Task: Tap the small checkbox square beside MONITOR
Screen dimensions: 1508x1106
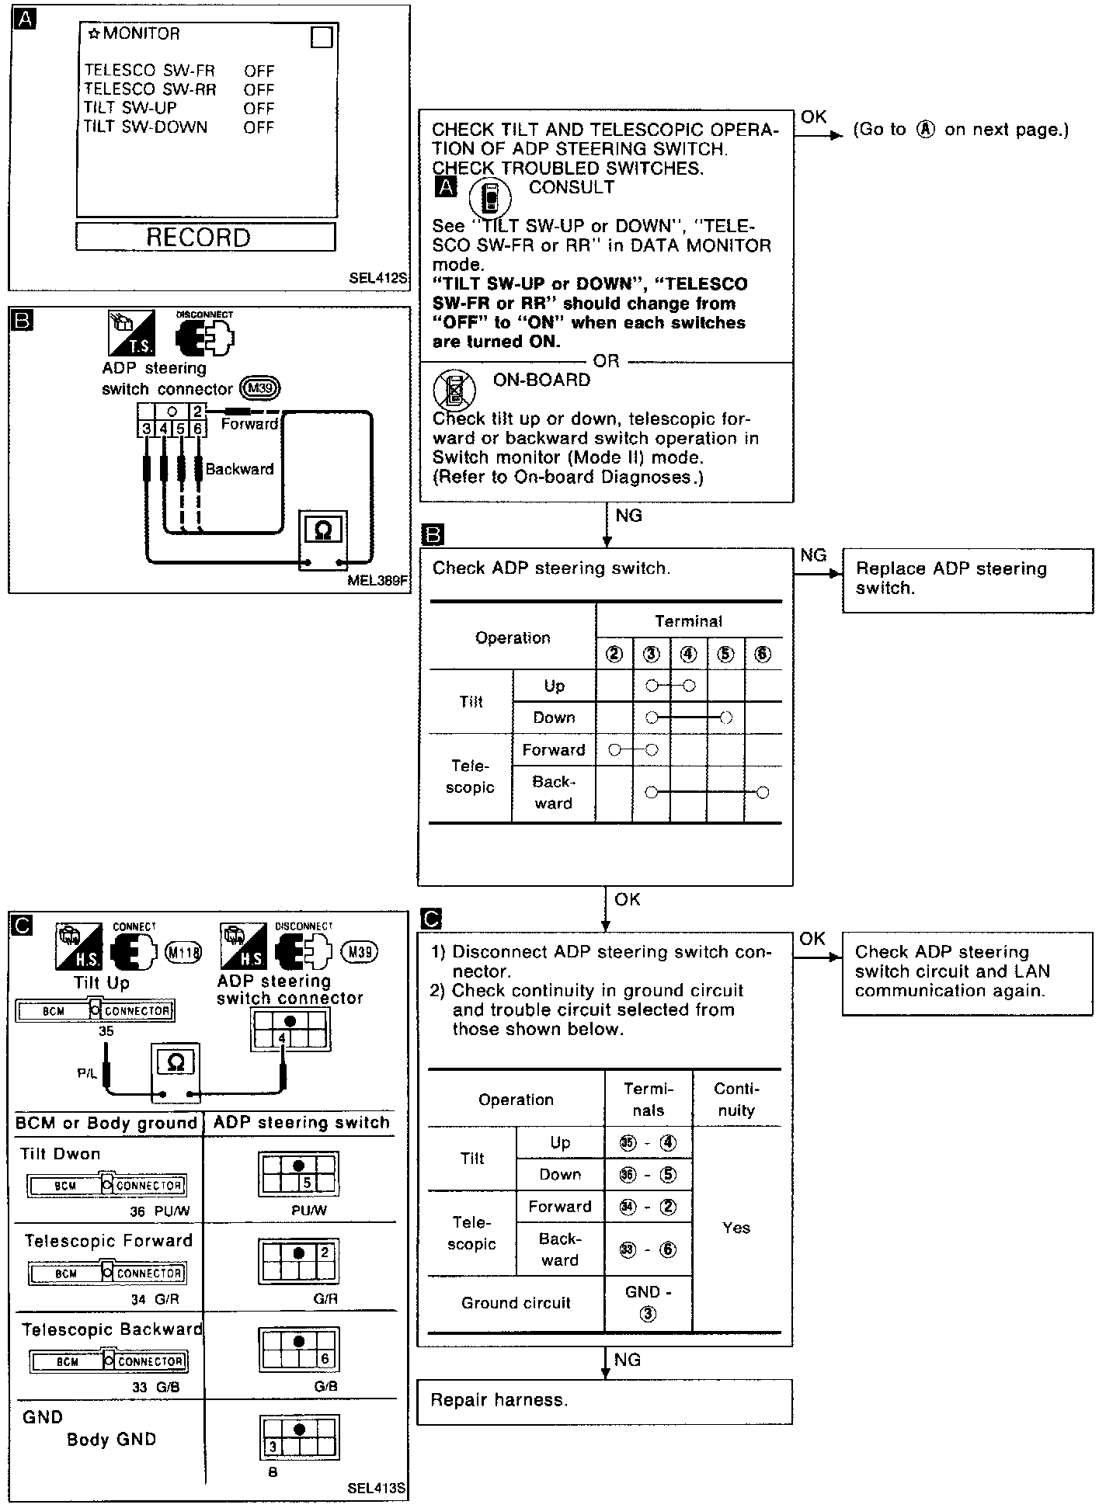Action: [322, 36]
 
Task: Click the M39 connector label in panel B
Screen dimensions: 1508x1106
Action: [260, 388]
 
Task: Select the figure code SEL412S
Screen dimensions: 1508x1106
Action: [377, 277]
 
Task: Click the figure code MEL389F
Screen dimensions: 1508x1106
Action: [377, 579]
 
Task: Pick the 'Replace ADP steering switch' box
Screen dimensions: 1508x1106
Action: [967, 579]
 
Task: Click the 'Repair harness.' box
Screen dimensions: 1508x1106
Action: [604, 1400]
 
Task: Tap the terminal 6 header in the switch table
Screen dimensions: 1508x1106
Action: [763, 654]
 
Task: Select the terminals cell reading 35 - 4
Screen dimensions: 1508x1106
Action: [648, 1143]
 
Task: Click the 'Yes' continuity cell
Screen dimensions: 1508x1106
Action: [736, 1228]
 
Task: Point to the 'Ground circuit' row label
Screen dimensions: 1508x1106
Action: [516, 1303]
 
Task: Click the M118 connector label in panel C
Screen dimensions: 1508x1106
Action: [184, 952]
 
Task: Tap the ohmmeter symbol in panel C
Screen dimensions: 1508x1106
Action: [176, 1062]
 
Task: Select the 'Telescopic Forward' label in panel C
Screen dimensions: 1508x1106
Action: [108, 1241]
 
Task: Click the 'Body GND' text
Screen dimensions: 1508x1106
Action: [111, 1439]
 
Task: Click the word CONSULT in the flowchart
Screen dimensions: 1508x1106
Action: [571, 187]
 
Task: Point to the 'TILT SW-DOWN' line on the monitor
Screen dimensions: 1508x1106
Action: [146, 127]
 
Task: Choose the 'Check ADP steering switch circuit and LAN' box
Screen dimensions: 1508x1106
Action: [967, 971]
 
